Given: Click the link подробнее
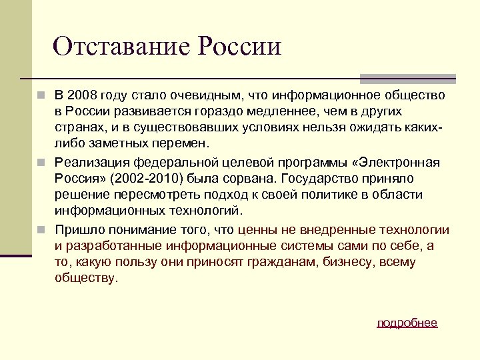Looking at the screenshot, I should pos(407,323).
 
